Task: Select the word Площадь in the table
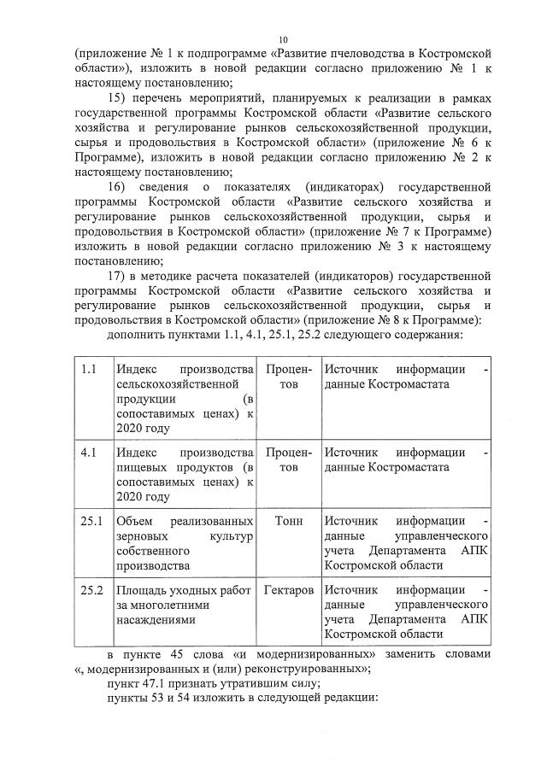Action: [x=144, y=590]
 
